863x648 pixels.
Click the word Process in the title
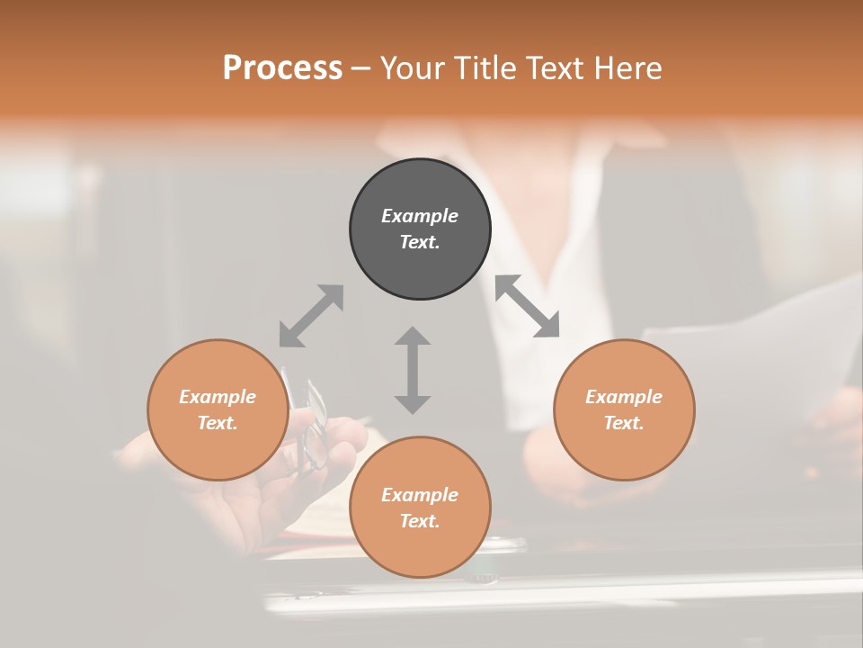(x=282, y=68)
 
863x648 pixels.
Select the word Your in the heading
(x=409, y=68)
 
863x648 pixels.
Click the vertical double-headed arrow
(x=413, y=370)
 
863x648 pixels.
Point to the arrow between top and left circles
(x=311, y=316)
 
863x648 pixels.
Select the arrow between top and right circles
(x=528, y=307)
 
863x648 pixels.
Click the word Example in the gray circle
(x=420, y=216)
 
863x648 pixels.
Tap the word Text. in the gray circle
(x=420, y=242)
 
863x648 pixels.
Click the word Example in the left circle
(x=218, y=397)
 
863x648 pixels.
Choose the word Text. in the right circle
(x=624, y=423)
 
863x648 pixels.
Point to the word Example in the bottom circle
(x=420, y=495)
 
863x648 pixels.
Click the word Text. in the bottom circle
(x=420, y=521)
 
